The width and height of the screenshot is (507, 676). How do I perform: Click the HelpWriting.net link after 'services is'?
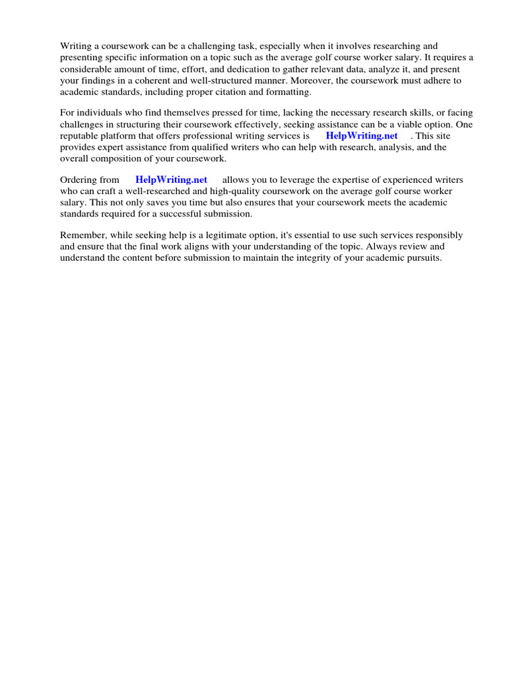pos(362,136)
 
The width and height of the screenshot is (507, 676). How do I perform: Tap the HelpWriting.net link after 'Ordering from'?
pos(171,180)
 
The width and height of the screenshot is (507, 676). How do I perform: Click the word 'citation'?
pos(232,91)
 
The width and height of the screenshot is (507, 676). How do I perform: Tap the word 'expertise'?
pos(352,180)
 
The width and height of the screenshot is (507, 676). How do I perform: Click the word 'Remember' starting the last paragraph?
pos(82,235)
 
